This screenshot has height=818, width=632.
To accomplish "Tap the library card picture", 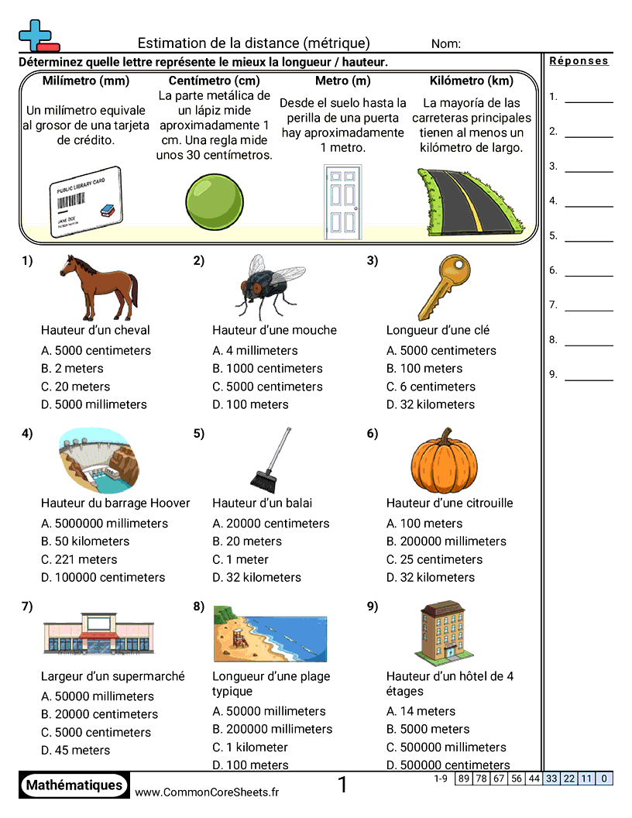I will [x=85, y=201].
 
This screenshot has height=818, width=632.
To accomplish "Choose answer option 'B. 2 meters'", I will [x=72, y=369].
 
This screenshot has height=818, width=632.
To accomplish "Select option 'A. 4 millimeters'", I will [x=255, y=351].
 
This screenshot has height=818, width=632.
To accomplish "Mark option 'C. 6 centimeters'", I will [x=431, y=387].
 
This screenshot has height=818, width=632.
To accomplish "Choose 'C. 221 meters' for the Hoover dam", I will [x=79, y=559].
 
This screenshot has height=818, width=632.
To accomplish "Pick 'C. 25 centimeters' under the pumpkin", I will [x=434, y=559].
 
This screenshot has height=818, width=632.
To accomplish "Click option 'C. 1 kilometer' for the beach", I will [x=249, y=748].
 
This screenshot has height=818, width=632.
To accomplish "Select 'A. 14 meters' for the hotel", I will [x=421, y=711].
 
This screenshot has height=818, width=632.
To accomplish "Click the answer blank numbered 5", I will [x=589, y=235].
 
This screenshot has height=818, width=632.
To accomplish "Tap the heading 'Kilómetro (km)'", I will [x=472, y=81].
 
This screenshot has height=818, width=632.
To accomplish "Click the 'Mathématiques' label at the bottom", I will [x=74, y=785].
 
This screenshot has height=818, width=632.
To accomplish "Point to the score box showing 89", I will [x=463, y=778].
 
